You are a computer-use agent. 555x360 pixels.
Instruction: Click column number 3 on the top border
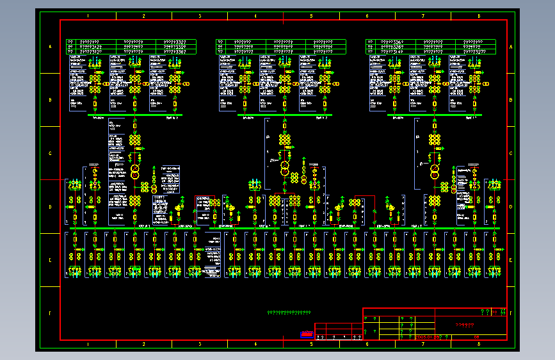point(200,15)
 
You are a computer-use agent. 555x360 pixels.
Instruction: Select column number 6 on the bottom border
point(367,344)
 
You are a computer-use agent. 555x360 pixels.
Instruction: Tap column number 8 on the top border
point(479,15)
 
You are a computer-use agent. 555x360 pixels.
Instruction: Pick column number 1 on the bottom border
point(88,344)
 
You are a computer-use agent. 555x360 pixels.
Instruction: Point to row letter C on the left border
point(50,153)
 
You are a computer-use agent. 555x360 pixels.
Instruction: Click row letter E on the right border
point(511,260)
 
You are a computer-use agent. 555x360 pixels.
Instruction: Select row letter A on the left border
point(50,47)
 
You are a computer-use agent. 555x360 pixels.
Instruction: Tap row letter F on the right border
point(511,313)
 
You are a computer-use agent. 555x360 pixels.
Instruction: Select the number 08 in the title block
point(476,336)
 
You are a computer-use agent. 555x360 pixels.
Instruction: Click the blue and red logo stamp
point(307,334)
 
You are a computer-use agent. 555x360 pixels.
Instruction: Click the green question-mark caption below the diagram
point(289,313)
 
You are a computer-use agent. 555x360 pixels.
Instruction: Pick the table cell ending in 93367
point(175,52)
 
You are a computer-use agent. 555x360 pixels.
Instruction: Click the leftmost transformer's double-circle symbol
point(135,172)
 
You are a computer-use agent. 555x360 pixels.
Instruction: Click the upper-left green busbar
point(135,115)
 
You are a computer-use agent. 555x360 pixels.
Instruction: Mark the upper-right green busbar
point(435,115)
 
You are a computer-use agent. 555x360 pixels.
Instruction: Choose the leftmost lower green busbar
point(134,228)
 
